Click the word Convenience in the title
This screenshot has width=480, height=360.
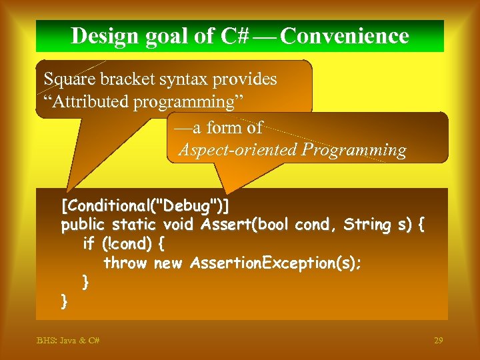point(345,36)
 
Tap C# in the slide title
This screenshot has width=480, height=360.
point(234,36)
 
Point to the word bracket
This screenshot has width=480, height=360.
point(128,79)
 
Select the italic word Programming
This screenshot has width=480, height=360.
point(354,151)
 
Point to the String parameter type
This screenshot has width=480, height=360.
point(366,225)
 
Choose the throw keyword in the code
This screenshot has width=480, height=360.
point(125,263)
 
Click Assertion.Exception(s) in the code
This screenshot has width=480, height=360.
point(275,263)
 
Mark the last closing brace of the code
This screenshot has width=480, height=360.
point(65,301)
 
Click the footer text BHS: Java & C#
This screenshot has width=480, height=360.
point(68,341)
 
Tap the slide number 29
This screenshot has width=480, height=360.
point(438,341)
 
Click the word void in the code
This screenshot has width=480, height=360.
point(177,225)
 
